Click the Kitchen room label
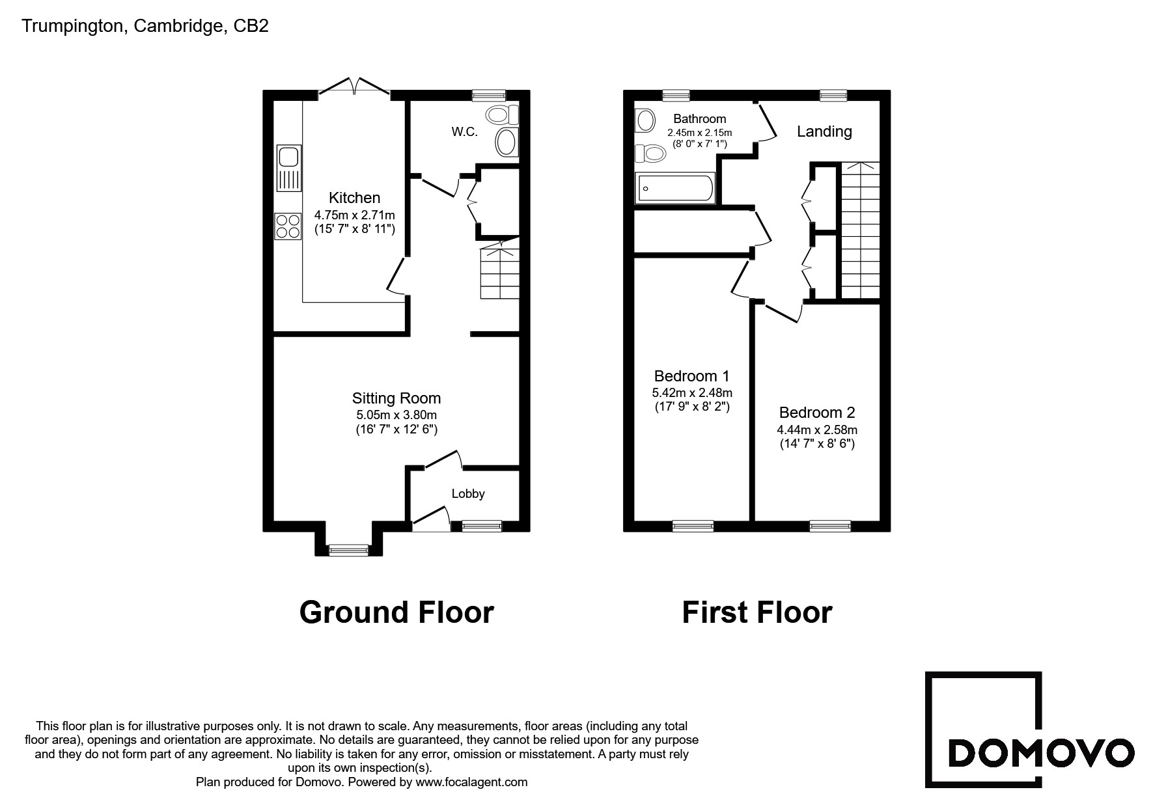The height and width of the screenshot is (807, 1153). [354, 198]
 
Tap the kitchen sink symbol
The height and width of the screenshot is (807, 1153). [289, 168]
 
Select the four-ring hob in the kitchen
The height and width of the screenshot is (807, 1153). [289, 226]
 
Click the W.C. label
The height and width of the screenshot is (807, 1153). [465, 131]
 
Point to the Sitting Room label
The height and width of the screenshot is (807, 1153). [396, 398]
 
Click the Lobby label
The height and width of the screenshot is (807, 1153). [468, 494]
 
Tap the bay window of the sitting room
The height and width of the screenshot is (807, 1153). [348, 550]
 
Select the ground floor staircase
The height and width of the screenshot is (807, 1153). [500, 270]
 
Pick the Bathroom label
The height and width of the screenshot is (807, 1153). [700, 119]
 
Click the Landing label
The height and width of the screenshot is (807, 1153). [824, 131]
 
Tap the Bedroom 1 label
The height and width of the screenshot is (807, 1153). [691, 376]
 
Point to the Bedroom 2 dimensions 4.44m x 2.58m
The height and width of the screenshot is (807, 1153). [817, 430]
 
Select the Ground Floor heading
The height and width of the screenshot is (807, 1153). [396, 612]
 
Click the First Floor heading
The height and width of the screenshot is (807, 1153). [757, 612]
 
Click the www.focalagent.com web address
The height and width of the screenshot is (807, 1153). [471, 782]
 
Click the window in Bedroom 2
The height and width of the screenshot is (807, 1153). [830, 526]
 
